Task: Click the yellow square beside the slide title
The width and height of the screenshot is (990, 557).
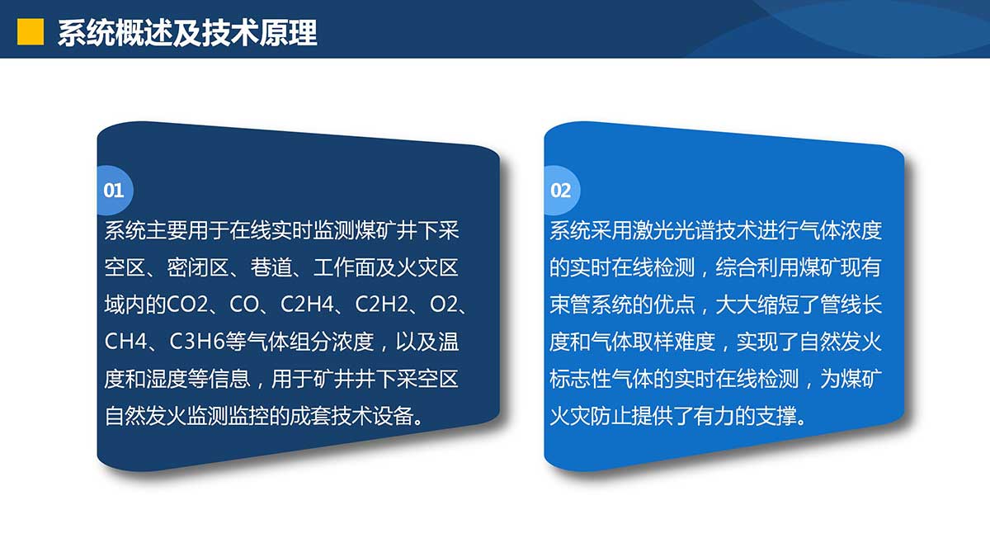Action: [x=31, y=32]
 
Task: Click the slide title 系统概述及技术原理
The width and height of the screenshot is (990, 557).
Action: [x=187, y=33]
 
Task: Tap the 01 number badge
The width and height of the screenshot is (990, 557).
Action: [x=114, y=191]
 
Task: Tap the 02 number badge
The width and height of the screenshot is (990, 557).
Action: [x=561, y=191]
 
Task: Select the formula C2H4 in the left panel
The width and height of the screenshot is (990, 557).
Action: [x=307, y=304]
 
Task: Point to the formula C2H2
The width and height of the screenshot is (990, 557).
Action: [x=382, y=304]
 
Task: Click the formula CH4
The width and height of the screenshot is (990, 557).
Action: [x=125, y=342]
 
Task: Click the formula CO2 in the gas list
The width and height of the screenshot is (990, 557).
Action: [x=187, y=304]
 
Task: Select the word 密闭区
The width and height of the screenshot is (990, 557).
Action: [x=197, y=267]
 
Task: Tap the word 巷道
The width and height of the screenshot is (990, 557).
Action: [x=271, y=267]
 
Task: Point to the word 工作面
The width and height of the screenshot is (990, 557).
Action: [x=344, y=267]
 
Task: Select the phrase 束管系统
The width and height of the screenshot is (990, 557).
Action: [x=591, y=304]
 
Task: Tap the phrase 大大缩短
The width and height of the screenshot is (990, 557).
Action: [x=757, y=304]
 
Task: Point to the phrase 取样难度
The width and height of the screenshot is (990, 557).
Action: [x=674, y=342]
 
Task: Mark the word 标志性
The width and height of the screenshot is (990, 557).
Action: [x=581, y=379]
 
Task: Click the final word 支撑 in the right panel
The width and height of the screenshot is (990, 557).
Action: [x=777, y=416]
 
